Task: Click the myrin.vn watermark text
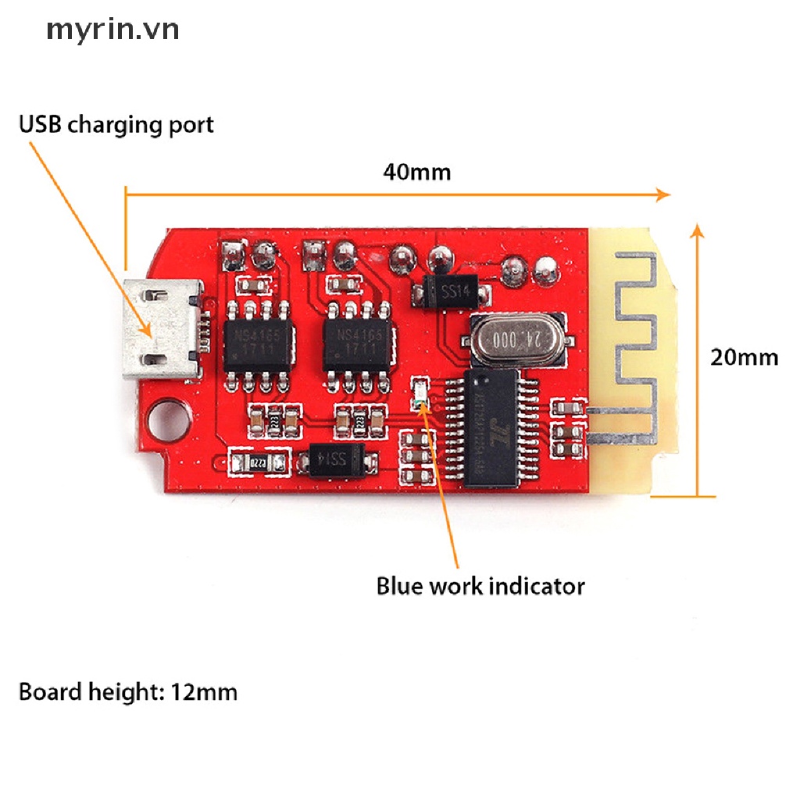point(112,30)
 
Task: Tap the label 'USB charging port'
point(116,124)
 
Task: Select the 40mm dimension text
point(416,171)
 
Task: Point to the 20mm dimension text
point(744,357)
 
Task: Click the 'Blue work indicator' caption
point(480,585)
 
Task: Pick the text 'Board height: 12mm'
point(127,692)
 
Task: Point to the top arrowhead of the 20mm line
point(698,229)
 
